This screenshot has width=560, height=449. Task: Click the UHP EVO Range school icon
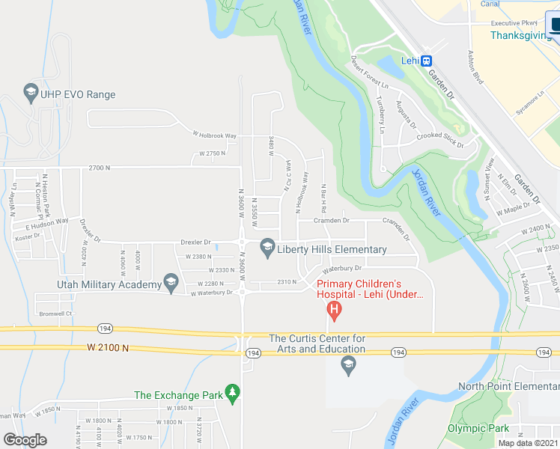click(x=31, y=94)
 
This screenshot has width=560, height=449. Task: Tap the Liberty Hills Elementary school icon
click(x=267, y=249)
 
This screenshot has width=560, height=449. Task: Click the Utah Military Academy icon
click(x=171, y=284)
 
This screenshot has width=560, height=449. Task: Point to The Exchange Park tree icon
click(x=233, y=394)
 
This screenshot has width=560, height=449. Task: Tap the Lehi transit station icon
click(x=426, y=61)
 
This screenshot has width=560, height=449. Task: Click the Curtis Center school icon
click(x=347, y=365)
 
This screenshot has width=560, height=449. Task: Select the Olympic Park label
click(x=478, y=428)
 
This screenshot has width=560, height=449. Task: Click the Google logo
click(x=25, y=440)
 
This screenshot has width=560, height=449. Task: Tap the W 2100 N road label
click(x=108, y=348)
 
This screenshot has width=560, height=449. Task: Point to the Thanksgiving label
click(x=515, y=35)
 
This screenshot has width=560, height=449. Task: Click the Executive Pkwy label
click(x=514, y=23)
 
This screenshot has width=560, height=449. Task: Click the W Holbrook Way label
click(x=214, y=135)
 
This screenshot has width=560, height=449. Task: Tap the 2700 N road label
click(x=99, y=168)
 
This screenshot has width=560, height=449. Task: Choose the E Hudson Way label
click(x=47, y=222)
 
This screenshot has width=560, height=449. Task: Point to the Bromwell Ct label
click(x=55, y=314)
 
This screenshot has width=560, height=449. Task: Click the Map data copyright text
click(x=528, y=443)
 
